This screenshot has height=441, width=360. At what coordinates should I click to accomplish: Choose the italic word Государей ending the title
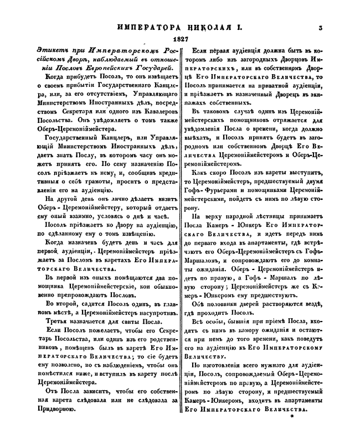153,67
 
